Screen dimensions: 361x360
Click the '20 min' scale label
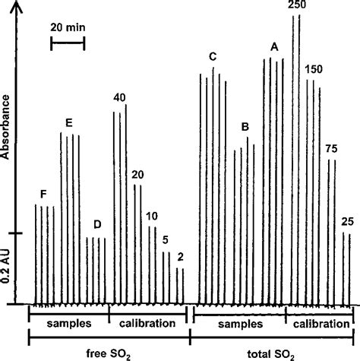point(68,28)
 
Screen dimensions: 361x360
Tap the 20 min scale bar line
point(68,44)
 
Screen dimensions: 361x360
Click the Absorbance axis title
point(8,126)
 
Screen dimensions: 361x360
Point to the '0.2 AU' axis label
point(8,270)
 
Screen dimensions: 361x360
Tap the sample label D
point(96,224)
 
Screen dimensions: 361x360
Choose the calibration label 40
point(119,97)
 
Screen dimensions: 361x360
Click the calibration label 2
point(180,256)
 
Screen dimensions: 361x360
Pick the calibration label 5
point(166,240)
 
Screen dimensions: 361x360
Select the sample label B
point(245,125)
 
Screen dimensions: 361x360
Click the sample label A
point(274,47)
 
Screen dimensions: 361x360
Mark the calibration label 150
point(314,70)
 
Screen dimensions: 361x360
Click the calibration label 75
point(331,148)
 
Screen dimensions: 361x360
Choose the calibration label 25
point(347,221)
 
